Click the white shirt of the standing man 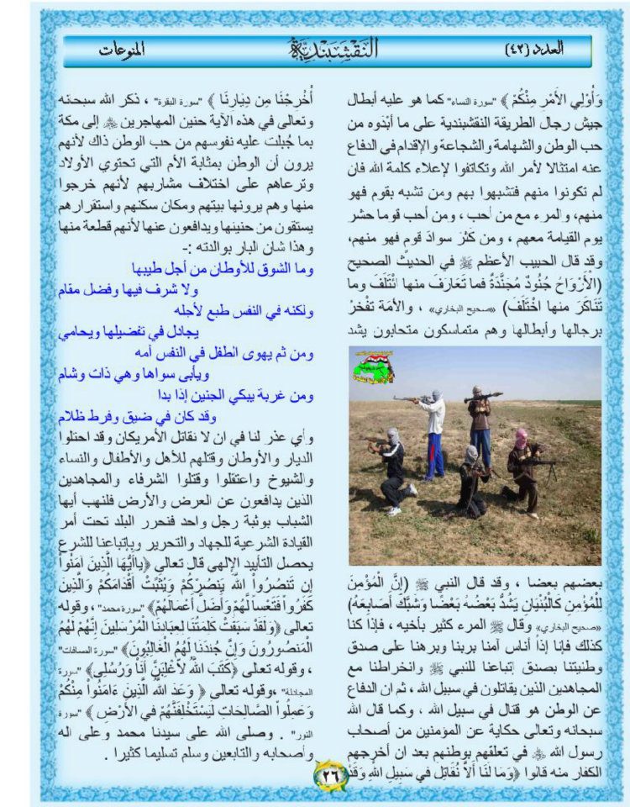pos(433,414)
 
